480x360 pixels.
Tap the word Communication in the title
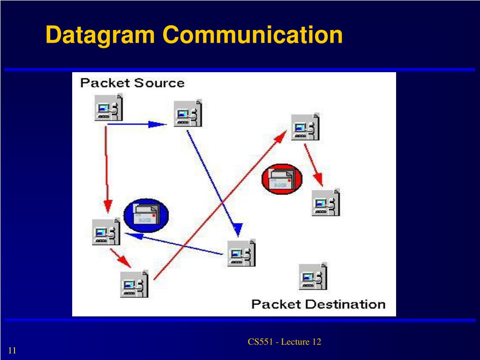pyautogui.click(x=253, y=34)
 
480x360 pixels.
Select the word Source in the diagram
pyautogui.click(x=159, y=83)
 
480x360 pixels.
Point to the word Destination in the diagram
pyautogui.click(x=345, y=304)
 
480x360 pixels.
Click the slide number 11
pyautogui.click(x=12, y=350)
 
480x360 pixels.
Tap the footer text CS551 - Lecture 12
pyautogui.click(x=285, y=342)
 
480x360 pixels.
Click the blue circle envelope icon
pyautogui.click(x=146, y=216)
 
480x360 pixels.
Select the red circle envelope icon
pyautogui.click(x=282, y=179)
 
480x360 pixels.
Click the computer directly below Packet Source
pyautogui.click(x=109, y=107)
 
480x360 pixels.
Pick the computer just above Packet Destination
pyautogui.click(x=313, y=276)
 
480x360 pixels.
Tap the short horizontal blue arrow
pyautogui.click(x=137, y=124)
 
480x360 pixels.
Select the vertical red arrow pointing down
pyautogui.click(x=107, y=169)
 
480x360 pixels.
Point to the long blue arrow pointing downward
pyautogui.click(x=214, y=184)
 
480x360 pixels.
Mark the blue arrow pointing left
pyautogui.click(x=174, y=244)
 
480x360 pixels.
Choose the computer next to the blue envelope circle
pyautogui.click(x=106, y=232)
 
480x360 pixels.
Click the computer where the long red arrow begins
pyautogui.click(x=134, y=284)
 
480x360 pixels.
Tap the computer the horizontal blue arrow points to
pyautogui.click(x=188, y=113)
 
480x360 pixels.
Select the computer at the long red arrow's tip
pyautogui.click(x=305, y=127)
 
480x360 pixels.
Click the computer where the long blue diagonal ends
pyautogui.click(x=241, y=253)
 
